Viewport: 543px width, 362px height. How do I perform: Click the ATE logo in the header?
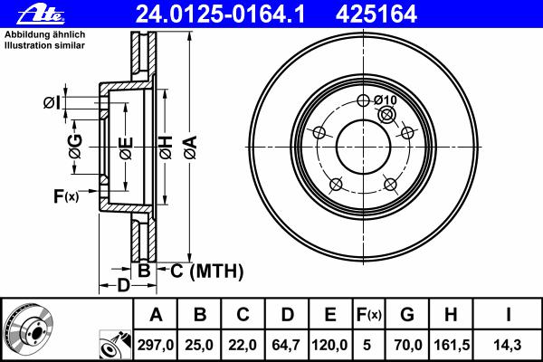(41, 14)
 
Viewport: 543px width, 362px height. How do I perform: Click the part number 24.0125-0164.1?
(220, 14)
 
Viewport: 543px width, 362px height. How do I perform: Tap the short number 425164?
(376, 14)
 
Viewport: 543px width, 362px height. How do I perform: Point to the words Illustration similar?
(44, 45)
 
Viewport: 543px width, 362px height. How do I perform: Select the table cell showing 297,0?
(155, 345)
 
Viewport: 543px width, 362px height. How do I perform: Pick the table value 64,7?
(286, 345)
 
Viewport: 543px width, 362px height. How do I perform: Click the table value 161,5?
(452, 345)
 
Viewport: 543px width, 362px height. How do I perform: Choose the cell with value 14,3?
(509, 345)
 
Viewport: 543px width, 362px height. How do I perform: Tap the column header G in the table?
(407, 315)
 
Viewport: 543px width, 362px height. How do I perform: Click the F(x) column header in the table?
(369, 315)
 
